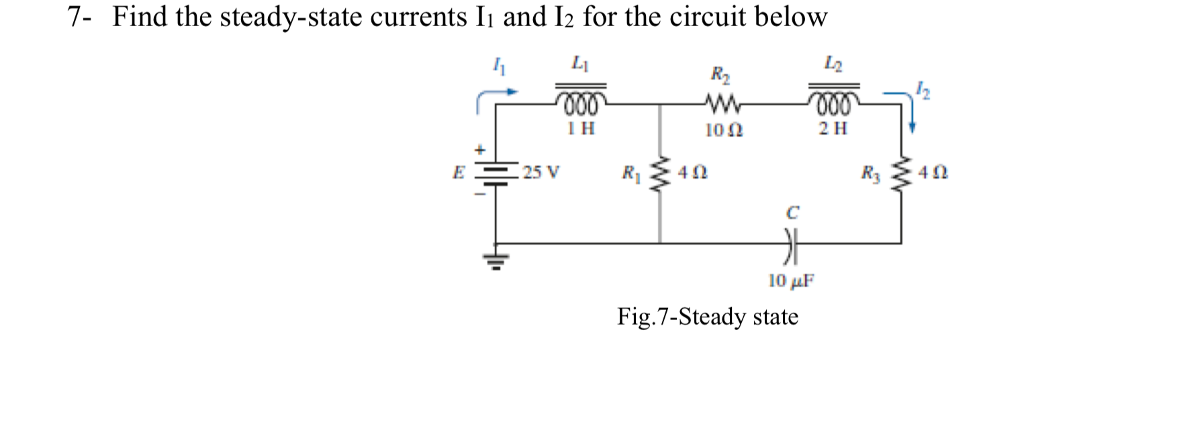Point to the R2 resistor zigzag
(x=722, y=104)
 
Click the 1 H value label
(x=581, y=128)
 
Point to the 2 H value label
(x=833, y=128)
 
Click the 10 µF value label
(x=790, y=280)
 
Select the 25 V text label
(x=541, y=172)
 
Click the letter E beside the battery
(x=459, y=172)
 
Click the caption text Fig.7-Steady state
(x=708, y=316)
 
